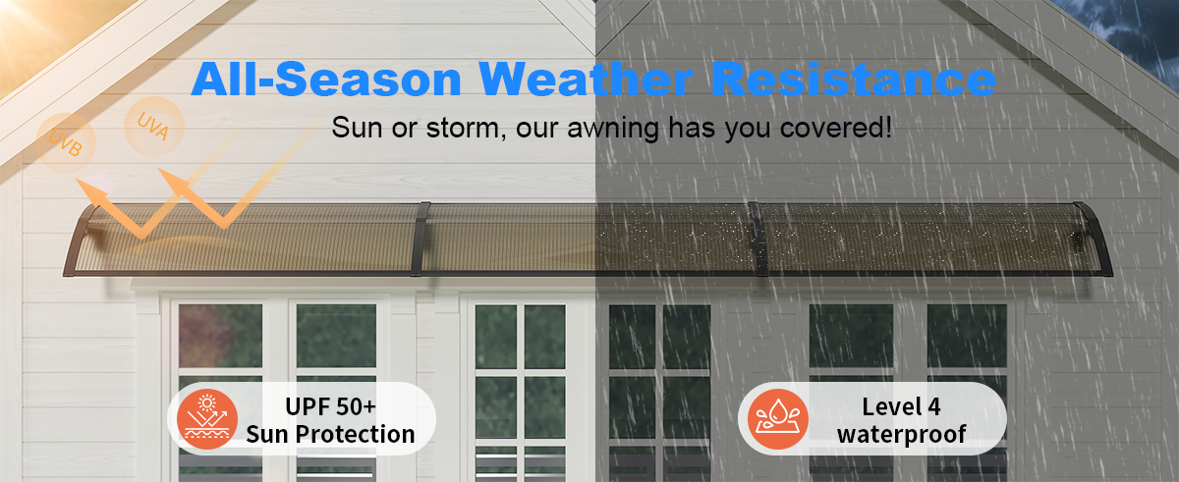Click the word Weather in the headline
point(586,79)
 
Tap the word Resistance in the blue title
point(853,79)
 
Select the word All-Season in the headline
point(326,79)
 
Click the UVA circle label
point(154,127)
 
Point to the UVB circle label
point(66,143)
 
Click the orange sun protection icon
point(207,419)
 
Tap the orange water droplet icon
point(778,419)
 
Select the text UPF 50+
point(330,406)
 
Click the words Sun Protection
point(330,434)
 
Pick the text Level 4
point(901,406)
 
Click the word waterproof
point(901,434)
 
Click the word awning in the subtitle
point(613,129)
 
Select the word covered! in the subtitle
point(836,128)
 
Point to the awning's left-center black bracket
point(421,240)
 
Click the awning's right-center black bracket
point(758,240)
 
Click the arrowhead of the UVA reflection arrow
point(174,182)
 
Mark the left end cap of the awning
point(79,241)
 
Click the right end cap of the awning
point(1095,240)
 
